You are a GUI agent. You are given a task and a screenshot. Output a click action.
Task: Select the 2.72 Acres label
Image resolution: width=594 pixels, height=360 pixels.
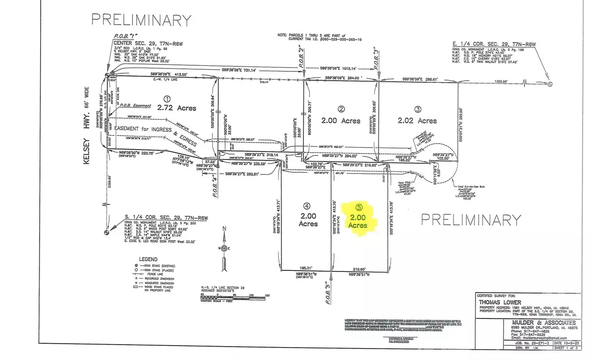tap(177, 107)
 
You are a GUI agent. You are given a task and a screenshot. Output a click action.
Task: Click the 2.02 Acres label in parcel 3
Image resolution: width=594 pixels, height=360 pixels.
tap(419, 120)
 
